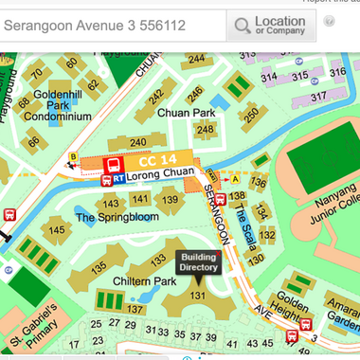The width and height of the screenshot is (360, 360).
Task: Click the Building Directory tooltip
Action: [200, 261]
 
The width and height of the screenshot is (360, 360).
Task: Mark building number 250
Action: [250, 115]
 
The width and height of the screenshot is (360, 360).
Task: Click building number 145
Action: [57, 230]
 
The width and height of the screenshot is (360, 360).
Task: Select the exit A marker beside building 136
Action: [235, 178]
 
